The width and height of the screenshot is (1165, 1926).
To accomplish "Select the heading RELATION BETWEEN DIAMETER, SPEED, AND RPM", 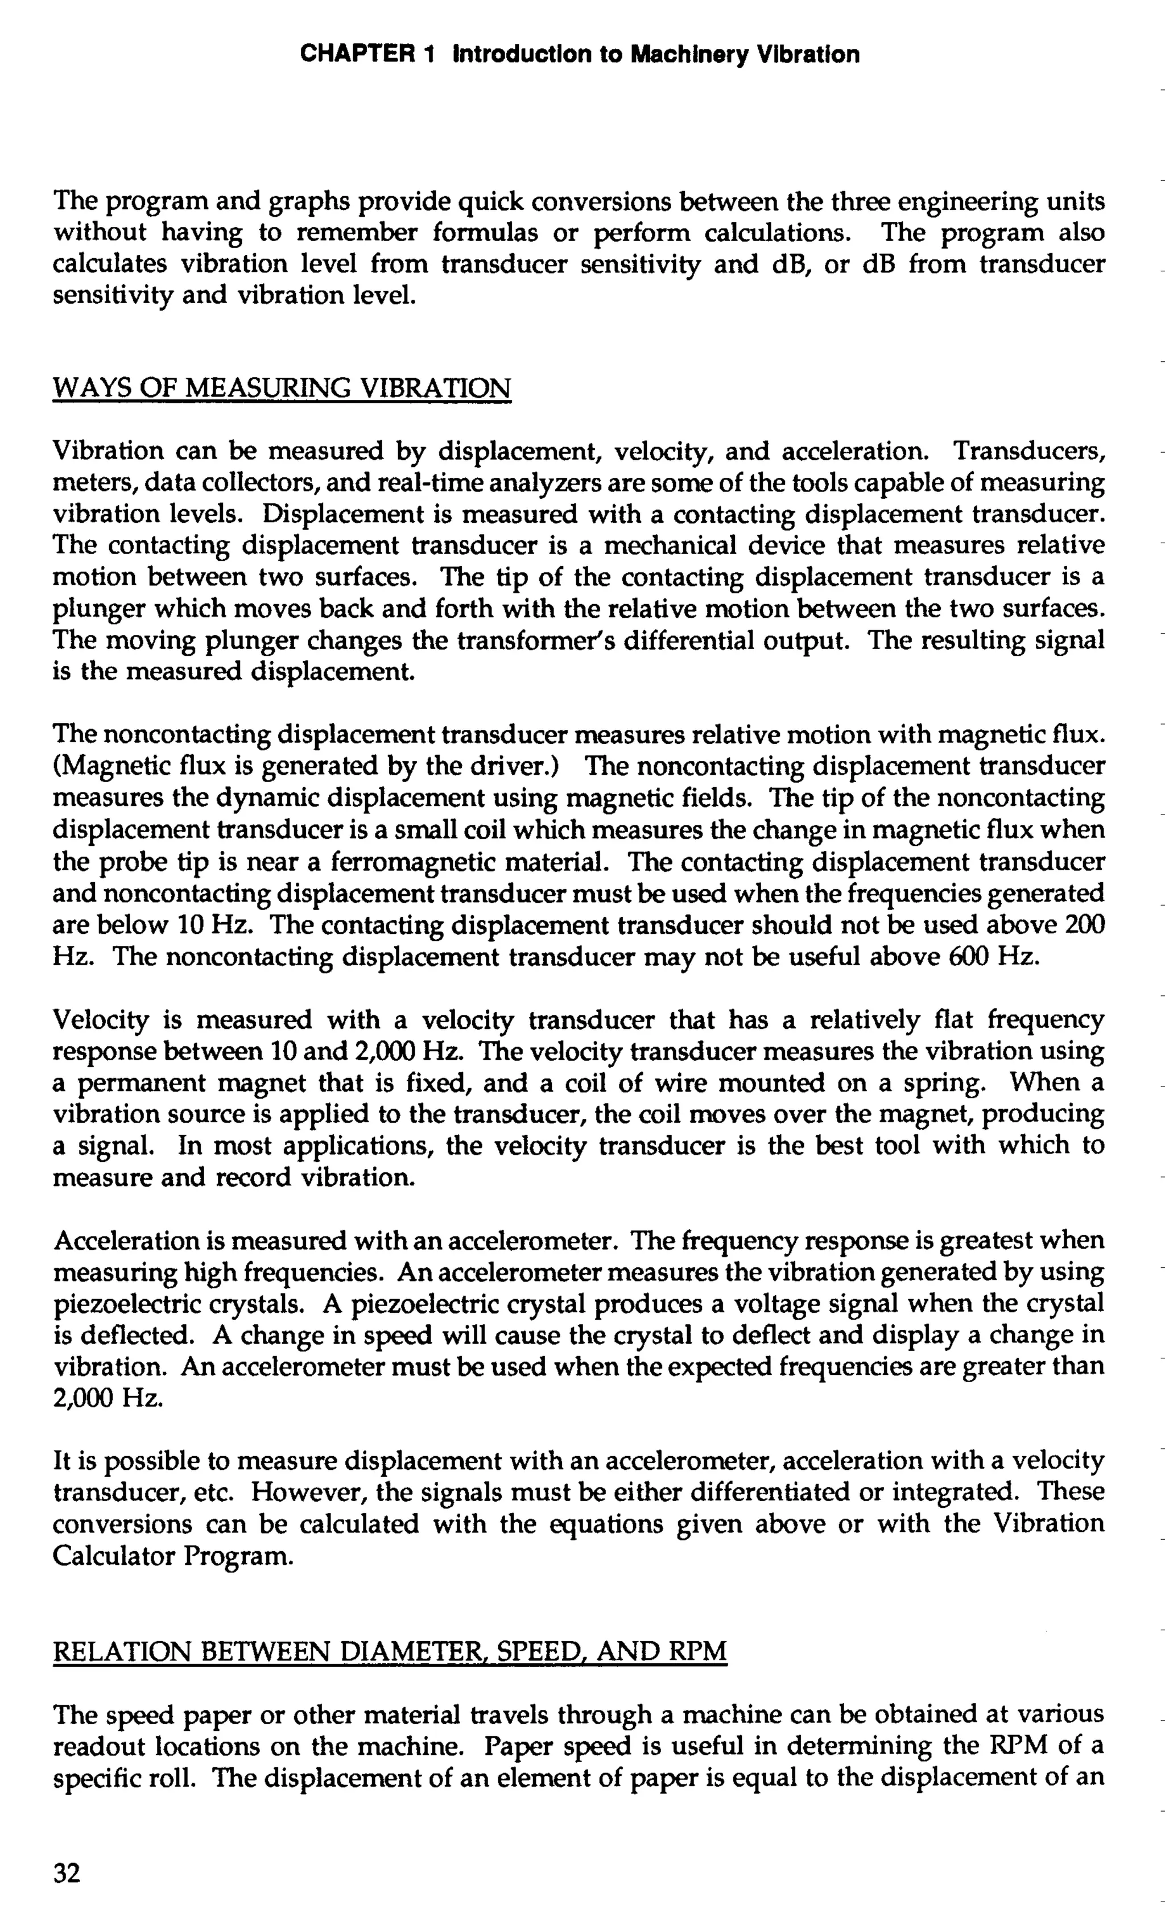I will pyautogui.click(x=389, y=1651).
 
